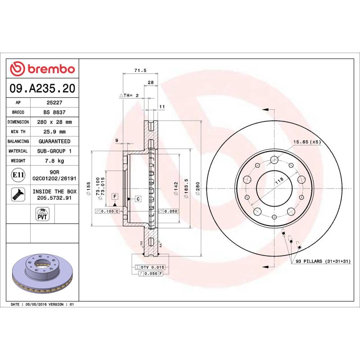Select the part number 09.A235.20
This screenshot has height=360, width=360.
42,89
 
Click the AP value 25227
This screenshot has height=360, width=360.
54,103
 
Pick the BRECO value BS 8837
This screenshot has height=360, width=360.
54,112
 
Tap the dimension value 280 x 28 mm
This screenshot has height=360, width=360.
54,122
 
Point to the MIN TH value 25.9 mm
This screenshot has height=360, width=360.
54,132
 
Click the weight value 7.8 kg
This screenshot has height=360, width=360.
54,161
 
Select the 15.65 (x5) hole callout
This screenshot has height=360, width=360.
308,142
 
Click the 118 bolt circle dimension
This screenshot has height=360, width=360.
279,181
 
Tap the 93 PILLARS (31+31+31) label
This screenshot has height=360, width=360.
323,261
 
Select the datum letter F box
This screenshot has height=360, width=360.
115,196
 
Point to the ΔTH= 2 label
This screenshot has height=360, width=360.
130,96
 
